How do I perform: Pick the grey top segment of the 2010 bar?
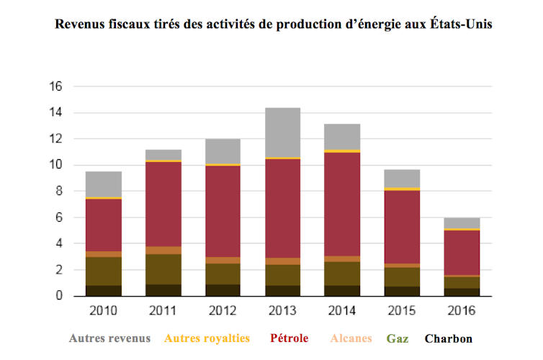coord(104,184)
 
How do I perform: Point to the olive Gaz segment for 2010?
coord(104,271)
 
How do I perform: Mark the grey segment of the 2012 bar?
coord(223,151)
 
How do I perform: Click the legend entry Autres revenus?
coord(109,338)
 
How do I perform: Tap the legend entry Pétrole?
coord(290,338)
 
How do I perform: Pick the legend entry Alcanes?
coord(352,338)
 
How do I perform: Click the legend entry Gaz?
coord(398,338)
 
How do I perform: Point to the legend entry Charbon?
coord(448,338)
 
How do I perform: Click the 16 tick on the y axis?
coord(55,86)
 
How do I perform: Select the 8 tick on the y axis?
coord(59,192)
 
